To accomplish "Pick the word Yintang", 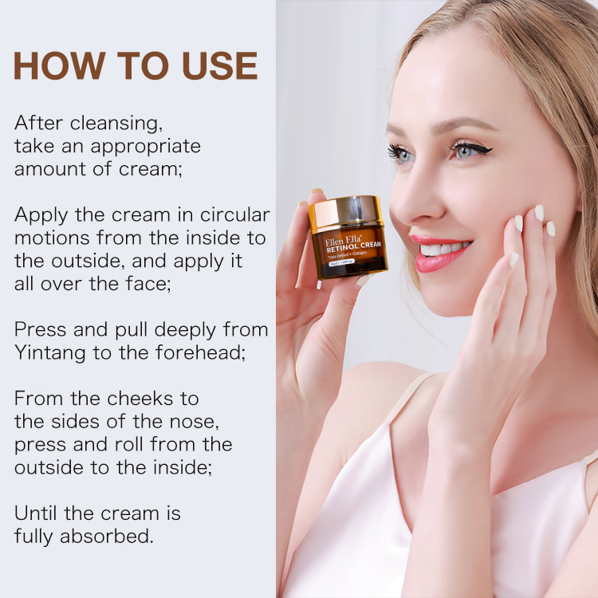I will click(x=49, y=353).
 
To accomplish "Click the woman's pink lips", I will click(x=440, y=253).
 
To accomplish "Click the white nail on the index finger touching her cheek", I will click(x=539, y=213).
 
